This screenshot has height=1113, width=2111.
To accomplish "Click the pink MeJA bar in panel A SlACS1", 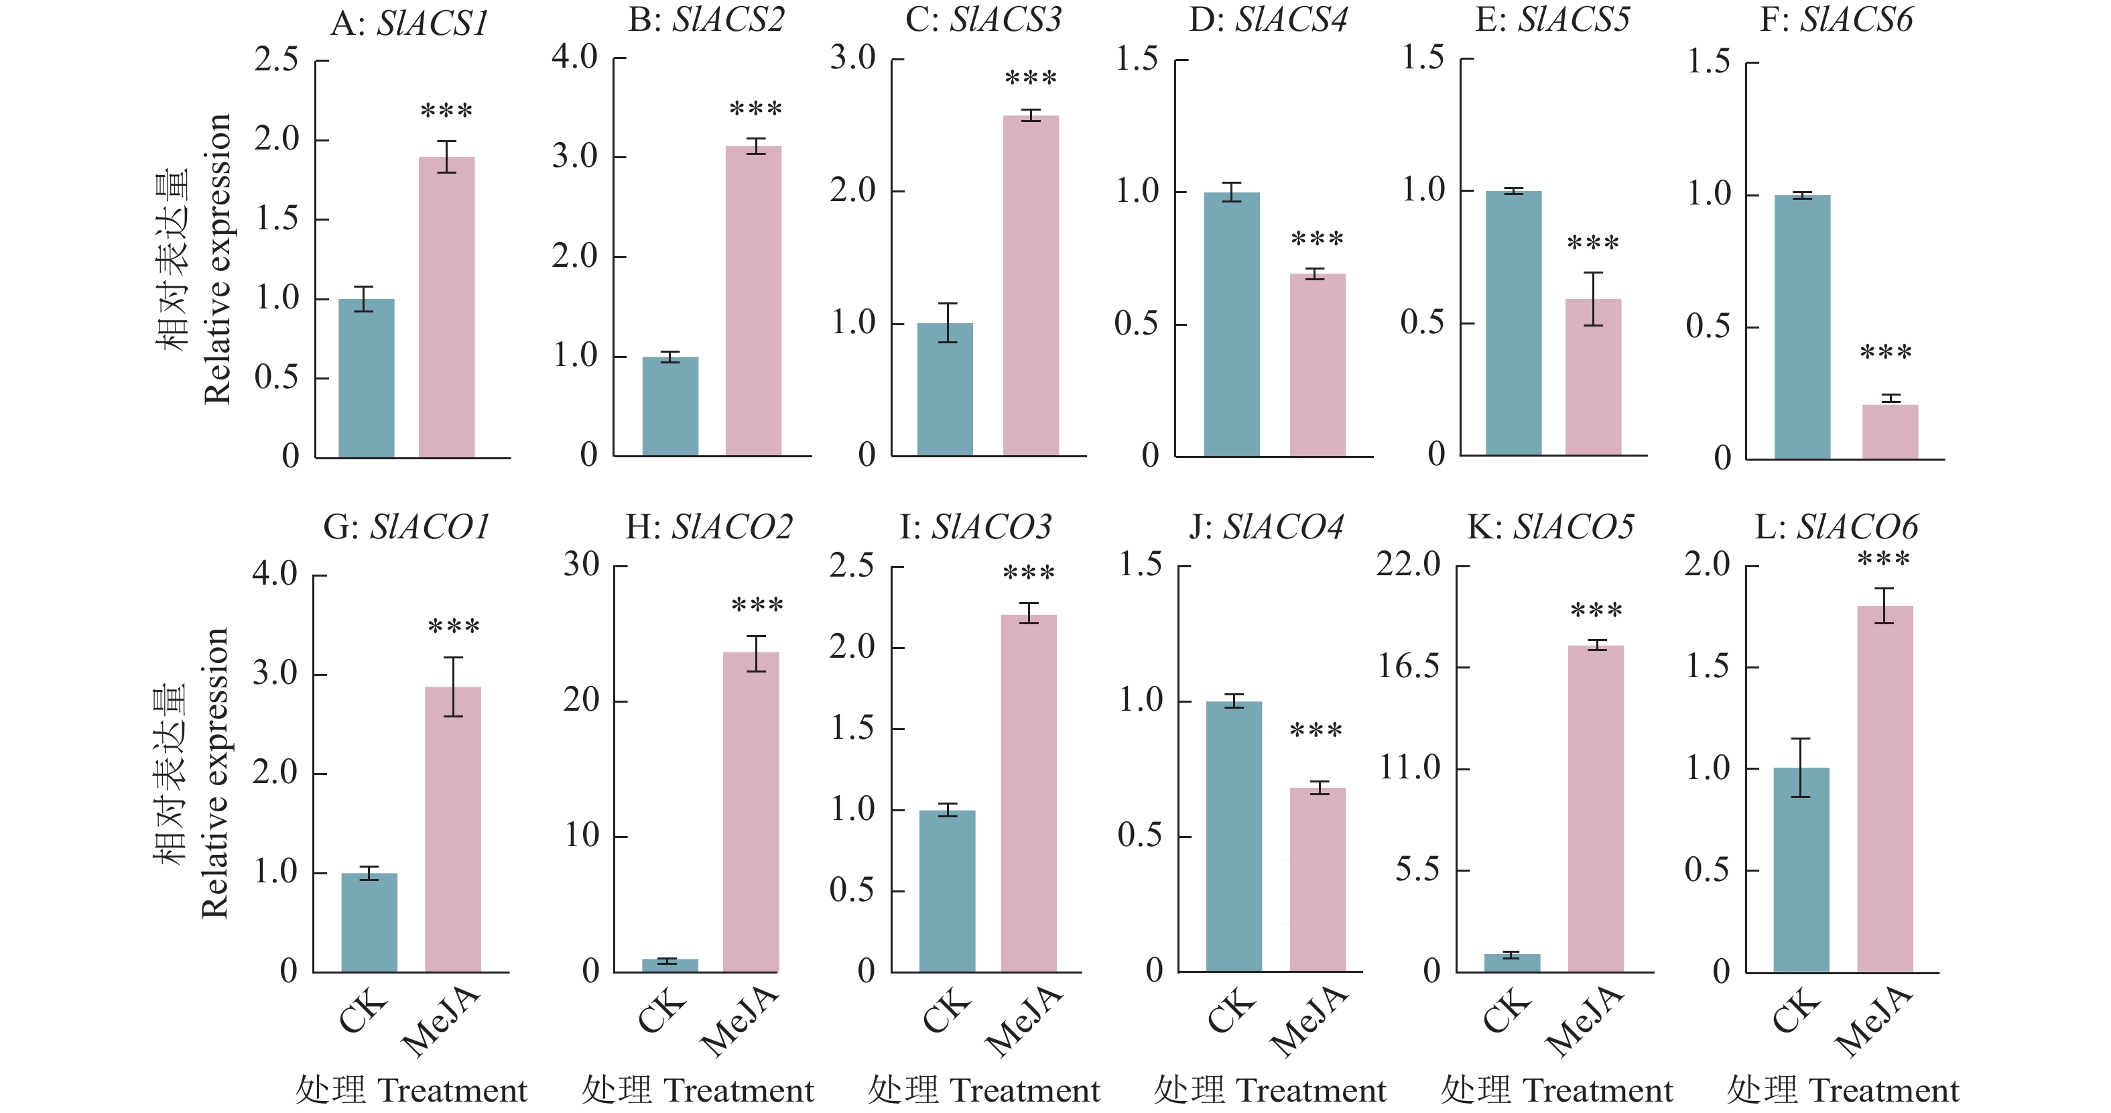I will click(446, 307).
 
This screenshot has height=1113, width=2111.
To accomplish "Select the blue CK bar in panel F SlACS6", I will click(1802, 327).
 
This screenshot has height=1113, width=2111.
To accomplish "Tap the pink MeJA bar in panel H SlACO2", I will click(751, 812).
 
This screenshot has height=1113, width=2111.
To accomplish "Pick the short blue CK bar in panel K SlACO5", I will click(1512, 963).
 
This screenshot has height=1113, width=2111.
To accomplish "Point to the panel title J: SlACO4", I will click(1266, 527).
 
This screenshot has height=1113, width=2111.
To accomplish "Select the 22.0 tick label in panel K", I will click(1408, 564).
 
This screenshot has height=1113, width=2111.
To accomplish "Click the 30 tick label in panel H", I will click(581, 564).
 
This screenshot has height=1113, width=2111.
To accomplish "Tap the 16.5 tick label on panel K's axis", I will click(1408, 666).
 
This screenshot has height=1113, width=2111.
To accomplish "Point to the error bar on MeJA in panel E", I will click(1593, 299).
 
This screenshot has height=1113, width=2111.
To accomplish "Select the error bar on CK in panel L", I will click(1801, 768).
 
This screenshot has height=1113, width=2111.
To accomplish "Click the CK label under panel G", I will click(363, 1012).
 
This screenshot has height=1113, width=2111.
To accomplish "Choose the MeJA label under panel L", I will click(1874, 1022).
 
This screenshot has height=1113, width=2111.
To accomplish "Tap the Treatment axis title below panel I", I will click(983, 1091).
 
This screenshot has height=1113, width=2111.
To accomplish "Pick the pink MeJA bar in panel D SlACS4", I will click(1318, 365).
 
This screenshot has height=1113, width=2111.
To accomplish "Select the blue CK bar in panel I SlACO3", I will click(948, 891).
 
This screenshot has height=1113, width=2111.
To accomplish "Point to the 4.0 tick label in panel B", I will click(574, 58).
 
